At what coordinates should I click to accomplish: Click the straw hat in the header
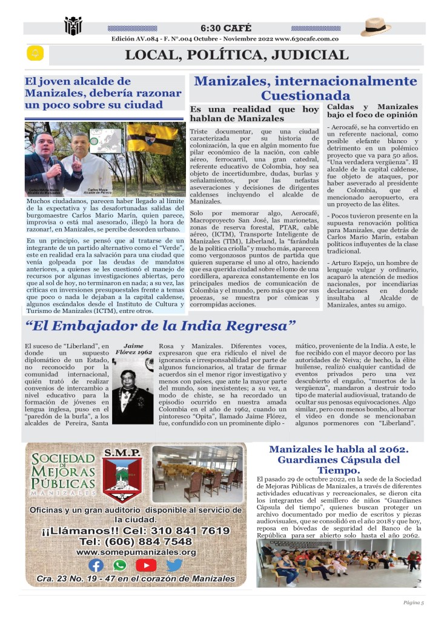click(376, 27)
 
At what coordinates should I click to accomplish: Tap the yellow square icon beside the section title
click(35, 54)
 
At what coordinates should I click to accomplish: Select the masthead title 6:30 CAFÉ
click(225, 29)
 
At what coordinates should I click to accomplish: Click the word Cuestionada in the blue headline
click(305, 95)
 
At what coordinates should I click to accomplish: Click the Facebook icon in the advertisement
click(96, 565)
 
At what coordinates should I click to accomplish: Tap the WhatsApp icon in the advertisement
click(120, 565)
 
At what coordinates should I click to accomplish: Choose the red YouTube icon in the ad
click(146, 565)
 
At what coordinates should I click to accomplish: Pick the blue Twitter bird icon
click(174, 565)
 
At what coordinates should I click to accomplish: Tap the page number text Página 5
click(414, 602)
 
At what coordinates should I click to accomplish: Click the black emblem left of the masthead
click(73, 26)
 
